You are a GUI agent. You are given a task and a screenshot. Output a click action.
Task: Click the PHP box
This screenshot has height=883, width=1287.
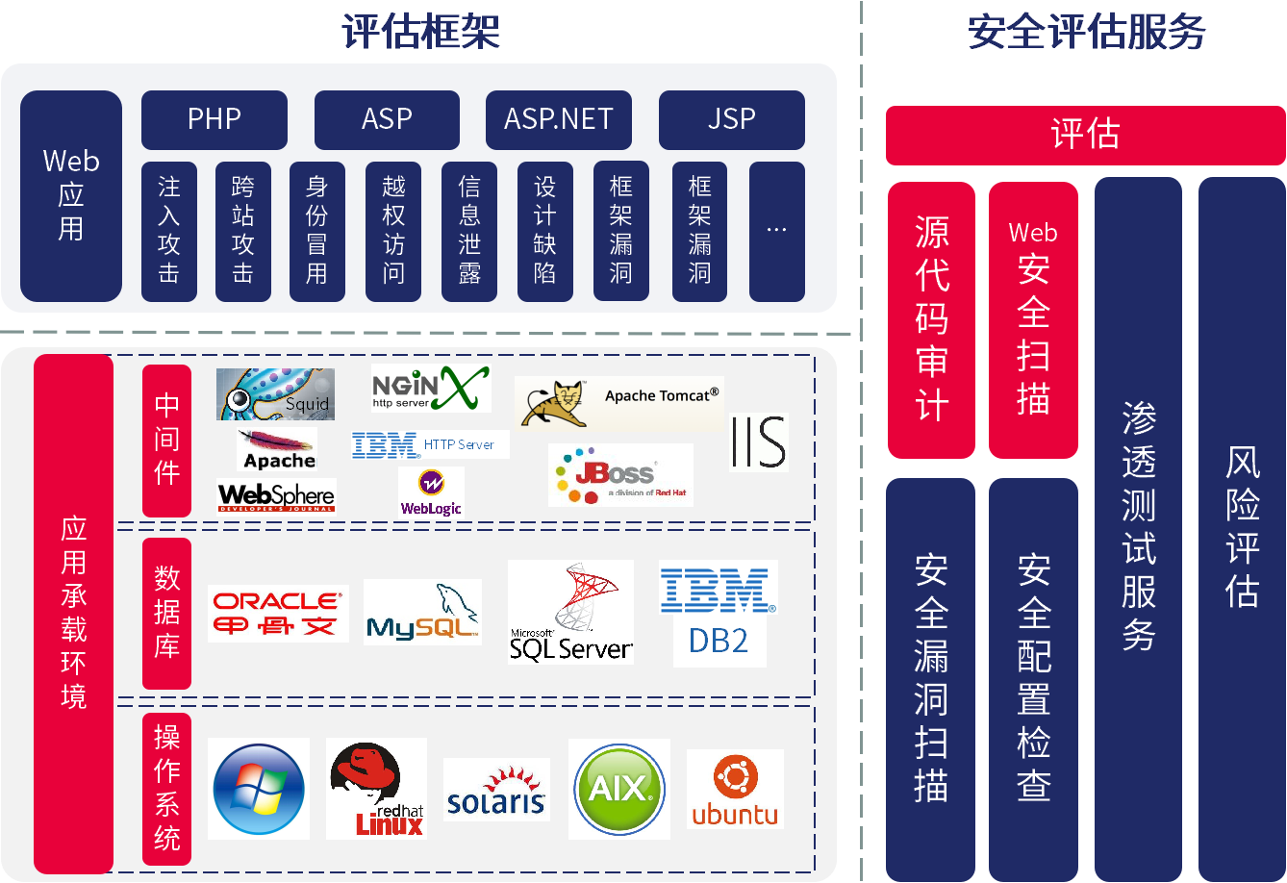click(214, 119)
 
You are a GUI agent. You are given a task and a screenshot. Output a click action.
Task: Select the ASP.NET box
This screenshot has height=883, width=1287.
click(559, 119)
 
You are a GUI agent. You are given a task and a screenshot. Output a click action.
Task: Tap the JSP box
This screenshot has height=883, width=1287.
click(732, 119)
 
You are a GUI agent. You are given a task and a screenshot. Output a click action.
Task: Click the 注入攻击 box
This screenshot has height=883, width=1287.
click(169, 231)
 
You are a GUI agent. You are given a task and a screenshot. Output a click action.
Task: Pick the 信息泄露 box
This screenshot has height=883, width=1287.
click(469, 231)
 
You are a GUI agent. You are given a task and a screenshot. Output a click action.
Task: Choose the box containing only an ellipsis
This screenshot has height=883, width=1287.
click(777, 231)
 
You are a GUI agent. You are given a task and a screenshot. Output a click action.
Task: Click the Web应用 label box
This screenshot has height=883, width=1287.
click(71, 195)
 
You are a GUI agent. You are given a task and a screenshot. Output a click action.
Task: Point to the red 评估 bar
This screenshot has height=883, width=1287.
click(1085, 135)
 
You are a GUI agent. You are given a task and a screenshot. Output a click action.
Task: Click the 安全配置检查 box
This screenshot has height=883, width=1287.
click(1034, 678)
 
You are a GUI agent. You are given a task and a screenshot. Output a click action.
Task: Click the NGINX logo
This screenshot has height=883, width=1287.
click(431, 388)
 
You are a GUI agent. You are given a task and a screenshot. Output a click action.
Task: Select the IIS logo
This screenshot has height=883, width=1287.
click(759, 441)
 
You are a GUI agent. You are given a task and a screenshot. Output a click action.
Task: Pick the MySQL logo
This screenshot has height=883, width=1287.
click(422, 612)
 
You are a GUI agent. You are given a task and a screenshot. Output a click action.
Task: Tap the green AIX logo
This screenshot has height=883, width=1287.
click(619, 789)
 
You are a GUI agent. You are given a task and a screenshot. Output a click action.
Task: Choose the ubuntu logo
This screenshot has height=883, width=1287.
click(735, 790)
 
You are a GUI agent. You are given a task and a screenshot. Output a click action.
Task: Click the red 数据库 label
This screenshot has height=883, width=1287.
click(167, 613)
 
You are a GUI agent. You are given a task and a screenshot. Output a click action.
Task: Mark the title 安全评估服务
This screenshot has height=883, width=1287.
click(1087, 32)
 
